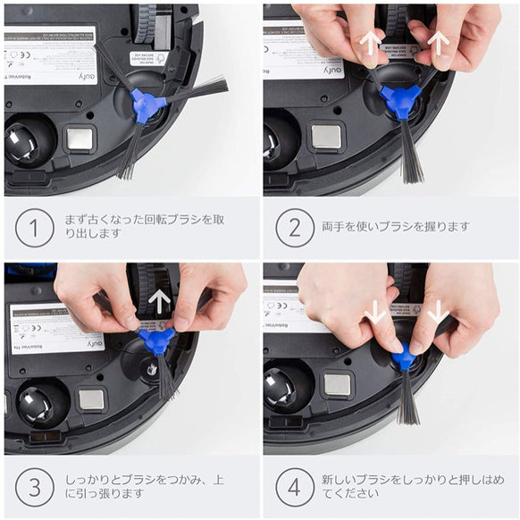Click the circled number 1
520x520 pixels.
(x=34, y=228)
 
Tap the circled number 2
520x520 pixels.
(x=294, y=228)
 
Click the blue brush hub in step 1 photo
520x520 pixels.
(x=147, y=105)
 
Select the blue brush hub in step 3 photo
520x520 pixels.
(x=157, y=340)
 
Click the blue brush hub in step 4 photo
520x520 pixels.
(x=404, y=357)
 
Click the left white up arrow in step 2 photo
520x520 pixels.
(x=368, y=44)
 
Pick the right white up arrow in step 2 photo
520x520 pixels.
(x=437, y=42)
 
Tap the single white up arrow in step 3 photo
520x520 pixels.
(x=159, y=301)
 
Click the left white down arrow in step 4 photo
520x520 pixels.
(x=376, y=312)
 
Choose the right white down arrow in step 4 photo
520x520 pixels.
(x=438, y=312)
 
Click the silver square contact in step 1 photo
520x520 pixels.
(x=80, y=138)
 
